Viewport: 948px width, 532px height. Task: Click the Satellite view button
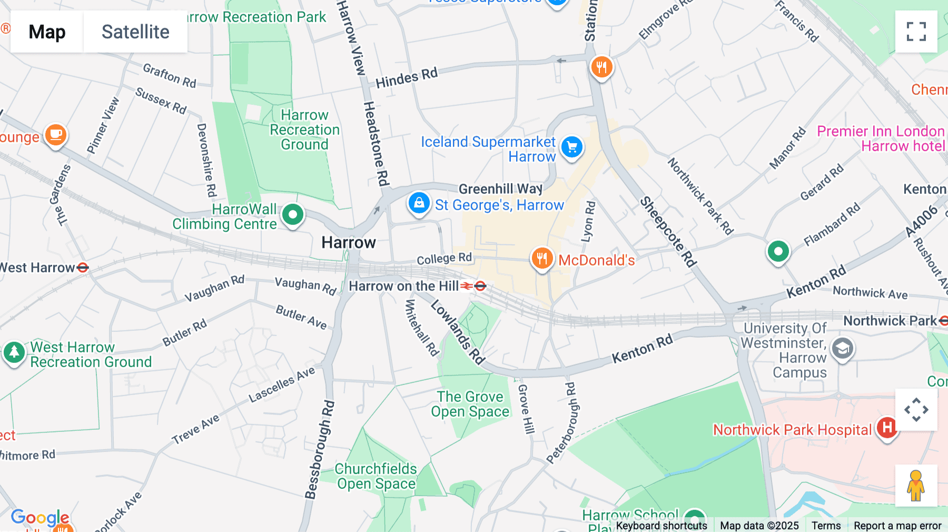click(x=135, y=32)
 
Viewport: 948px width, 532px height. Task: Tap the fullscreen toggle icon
click(x=916, y=32)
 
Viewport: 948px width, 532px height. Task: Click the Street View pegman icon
click(x=916, y=485)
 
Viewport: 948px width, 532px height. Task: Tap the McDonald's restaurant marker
click(x=542, y=259)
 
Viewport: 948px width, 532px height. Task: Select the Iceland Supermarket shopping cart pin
click(x=572, y=147)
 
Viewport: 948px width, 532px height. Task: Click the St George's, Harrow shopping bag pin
click(x=419, y=203)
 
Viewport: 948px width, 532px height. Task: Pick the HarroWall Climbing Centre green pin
click(x=293, y=215)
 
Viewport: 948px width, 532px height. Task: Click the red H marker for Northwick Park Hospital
click(x=887, y=428)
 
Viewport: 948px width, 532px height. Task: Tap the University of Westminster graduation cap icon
click(x=842, y=349)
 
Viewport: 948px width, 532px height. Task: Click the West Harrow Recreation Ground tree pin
click(x=14, y=352)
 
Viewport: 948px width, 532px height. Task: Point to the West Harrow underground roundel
click(x=83, y=268)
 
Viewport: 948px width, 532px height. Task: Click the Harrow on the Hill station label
click(x=403, y=286)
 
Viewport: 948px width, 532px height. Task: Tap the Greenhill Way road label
click(x=500, y=189)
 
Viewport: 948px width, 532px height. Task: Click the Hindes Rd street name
click(x=407, y=78)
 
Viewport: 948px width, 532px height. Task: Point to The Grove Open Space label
click(x=470, y=404)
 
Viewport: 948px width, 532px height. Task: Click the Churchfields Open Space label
click(x=376, y=476)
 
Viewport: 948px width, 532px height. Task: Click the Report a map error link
click(x=897, y=525)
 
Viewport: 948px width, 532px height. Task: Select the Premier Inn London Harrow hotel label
click(x=881, y=139)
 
